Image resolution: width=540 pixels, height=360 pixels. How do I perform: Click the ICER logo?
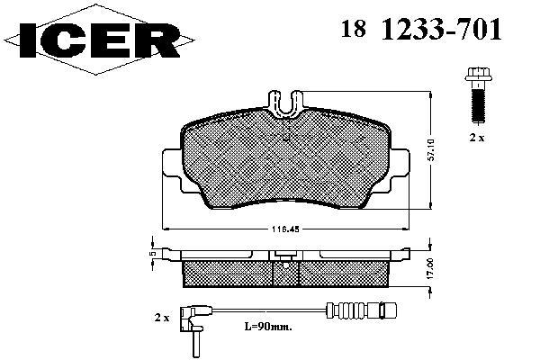(99, 40)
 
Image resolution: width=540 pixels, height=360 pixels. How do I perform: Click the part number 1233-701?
(441, 29)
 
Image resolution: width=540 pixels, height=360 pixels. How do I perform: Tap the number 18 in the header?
(354, 28)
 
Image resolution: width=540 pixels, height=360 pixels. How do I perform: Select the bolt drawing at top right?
(479, 95)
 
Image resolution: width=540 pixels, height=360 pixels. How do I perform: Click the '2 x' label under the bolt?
(477, 138)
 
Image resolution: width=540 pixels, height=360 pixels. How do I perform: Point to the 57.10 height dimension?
(431, 150)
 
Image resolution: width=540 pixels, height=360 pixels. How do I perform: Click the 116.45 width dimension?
(285, 229)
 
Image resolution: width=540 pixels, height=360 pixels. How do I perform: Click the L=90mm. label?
(268, 326)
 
